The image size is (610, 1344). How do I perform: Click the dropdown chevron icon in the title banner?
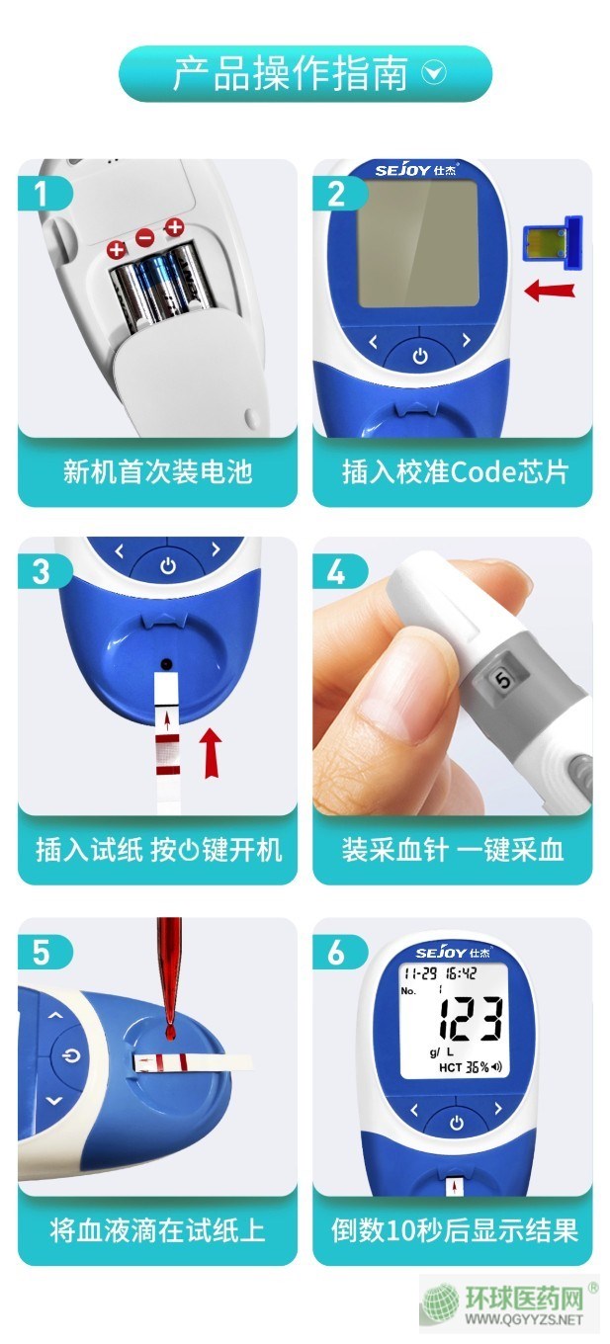(434, 73)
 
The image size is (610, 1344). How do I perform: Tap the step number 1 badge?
(44, 194)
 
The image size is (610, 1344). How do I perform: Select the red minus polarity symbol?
(144, 237)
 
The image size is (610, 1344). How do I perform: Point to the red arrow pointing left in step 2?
(550, 291)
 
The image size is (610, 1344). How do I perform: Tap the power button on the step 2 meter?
(420, 356)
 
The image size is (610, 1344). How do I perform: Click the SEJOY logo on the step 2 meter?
(415, 170)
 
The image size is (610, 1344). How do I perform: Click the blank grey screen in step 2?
(418, 244)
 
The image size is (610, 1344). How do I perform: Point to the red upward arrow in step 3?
(210, 752)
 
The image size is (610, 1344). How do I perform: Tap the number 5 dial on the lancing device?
(502, 679)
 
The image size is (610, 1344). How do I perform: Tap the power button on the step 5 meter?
(71, 1055)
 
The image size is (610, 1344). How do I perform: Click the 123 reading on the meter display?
(472, 1019)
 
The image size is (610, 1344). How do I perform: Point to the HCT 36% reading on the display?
(471, 1066)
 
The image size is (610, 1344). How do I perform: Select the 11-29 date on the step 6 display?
(420, 973)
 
